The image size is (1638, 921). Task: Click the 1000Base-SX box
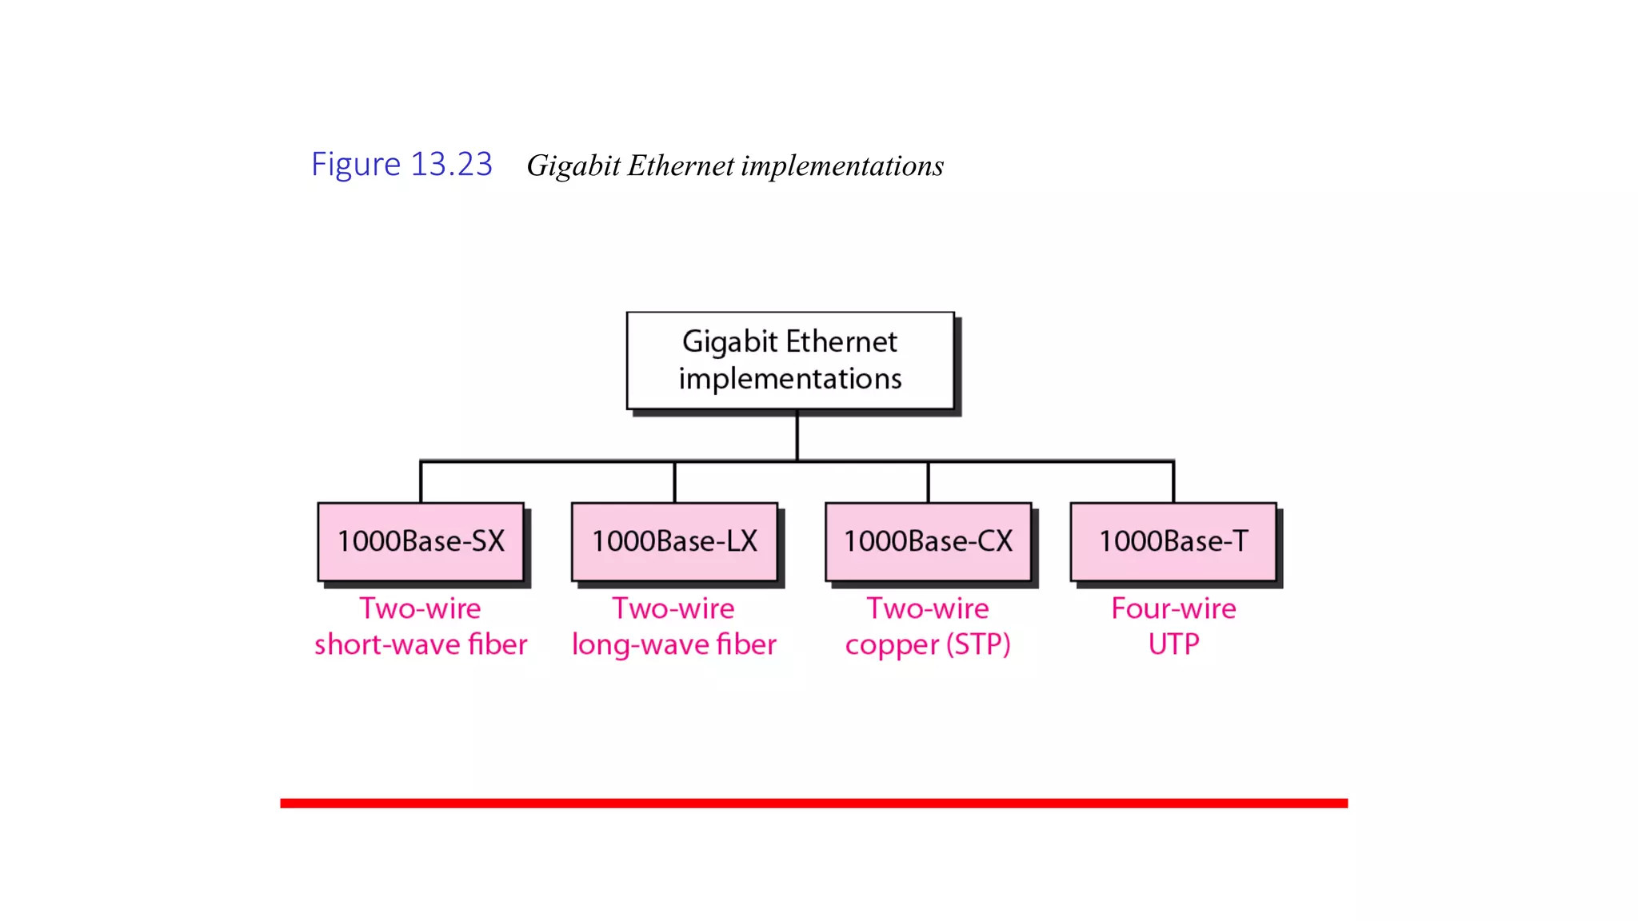point(421,541)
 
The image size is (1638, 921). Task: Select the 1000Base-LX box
point(674,541)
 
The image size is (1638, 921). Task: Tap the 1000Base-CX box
point(928,541)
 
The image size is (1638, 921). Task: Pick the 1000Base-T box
point(1173,541)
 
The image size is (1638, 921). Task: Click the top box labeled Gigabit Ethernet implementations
point(790,361)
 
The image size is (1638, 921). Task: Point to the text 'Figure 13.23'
point(402,165)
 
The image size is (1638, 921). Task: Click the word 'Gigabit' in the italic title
point(573,166)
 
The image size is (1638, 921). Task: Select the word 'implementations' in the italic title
point(842,166)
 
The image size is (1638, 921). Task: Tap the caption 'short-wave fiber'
point(421,644)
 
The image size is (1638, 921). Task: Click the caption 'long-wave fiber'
point(674,644)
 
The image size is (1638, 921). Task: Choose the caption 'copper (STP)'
point(928,644)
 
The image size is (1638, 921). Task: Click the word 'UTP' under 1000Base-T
point(1173,644)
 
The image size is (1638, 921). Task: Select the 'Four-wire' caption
point(1173,609)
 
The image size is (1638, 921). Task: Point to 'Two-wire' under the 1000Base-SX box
point(421,609)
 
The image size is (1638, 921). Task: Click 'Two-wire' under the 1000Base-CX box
point(928,609)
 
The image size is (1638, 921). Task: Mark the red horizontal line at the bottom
point(813,803)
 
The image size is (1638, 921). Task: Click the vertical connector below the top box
point(797,436)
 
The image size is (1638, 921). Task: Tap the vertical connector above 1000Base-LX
point(674,482)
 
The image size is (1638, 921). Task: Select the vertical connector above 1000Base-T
point(1173,482)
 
